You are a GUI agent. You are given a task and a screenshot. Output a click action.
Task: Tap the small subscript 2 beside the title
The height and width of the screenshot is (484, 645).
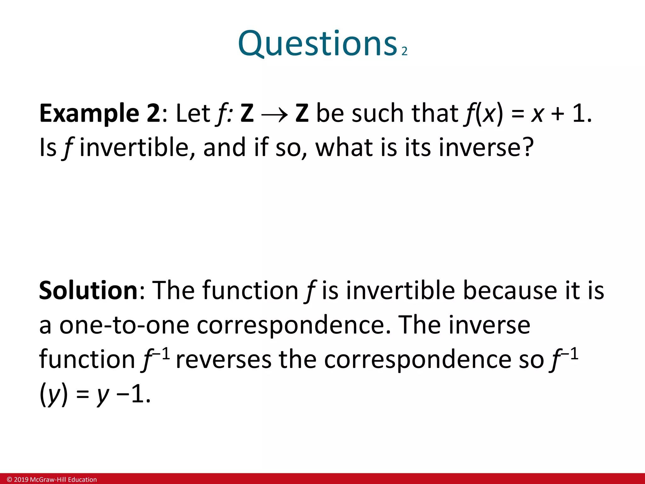pos(404,51)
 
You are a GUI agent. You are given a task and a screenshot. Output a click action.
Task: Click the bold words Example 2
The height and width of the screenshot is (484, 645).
pos(100,113)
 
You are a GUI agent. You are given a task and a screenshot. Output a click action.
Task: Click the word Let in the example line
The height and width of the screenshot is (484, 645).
pos(193,113)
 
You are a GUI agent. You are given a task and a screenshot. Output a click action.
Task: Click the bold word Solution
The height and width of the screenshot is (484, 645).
pos(88,291)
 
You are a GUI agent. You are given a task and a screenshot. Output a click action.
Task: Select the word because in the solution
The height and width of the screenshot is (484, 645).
pos(510,291)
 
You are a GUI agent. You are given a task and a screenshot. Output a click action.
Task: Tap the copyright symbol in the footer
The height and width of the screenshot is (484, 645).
pos(9,480)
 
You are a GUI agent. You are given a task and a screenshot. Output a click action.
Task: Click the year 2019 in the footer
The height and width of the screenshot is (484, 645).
pos(21,480)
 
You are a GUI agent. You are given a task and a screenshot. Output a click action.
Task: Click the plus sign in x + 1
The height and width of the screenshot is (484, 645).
pos(557,114)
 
